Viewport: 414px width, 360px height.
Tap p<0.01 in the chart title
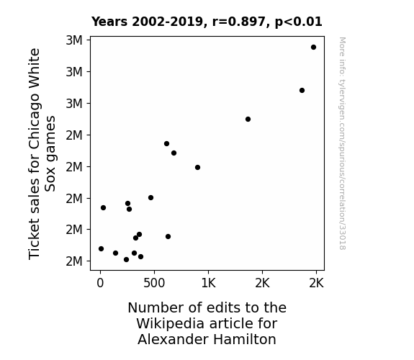[299, 22]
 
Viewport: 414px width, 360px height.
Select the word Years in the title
[109, 22]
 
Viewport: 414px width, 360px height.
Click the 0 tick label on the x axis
[100, 283]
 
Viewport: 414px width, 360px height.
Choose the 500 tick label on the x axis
[154, 283]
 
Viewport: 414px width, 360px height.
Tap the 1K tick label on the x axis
[208, 283]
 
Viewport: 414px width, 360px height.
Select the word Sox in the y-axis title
[50, 179]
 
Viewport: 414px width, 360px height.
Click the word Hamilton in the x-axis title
[245, 339]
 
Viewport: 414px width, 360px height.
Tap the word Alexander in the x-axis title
[174, 339]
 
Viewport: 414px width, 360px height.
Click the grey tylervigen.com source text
[342, 143]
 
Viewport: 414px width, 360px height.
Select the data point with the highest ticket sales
[313, 48]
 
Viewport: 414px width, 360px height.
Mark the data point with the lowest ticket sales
[126, 260]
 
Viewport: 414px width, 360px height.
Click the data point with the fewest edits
[101, 249]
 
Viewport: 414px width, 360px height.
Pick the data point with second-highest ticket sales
[302, 90]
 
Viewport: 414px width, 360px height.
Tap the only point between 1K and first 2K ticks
[248, 119]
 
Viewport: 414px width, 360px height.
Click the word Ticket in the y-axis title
[34, 239]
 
